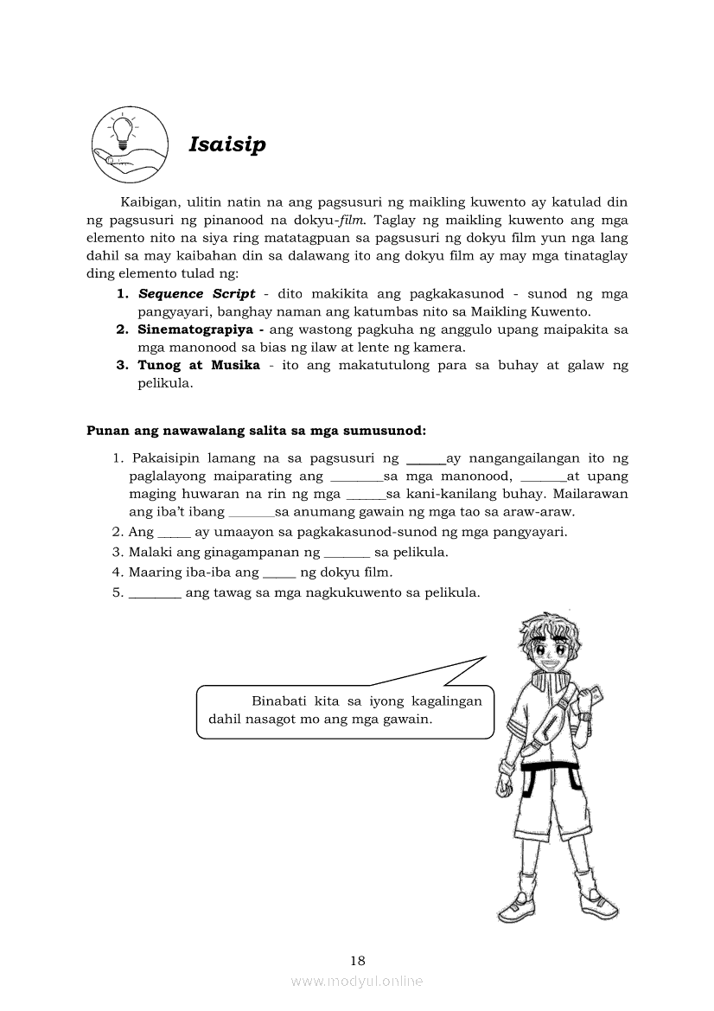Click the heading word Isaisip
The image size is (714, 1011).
(x=226, y=144)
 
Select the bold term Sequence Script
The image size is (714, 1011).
(x=196, y=294)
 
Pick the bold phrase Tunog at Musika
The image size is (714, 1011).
(x=199, y=365)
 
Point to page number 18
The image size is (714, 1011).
(x=358, y=960)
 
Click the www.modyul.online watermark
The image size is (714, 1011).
(x=357, y=981)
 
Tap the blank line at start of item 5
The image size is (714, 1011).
(x=155, y=594)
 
